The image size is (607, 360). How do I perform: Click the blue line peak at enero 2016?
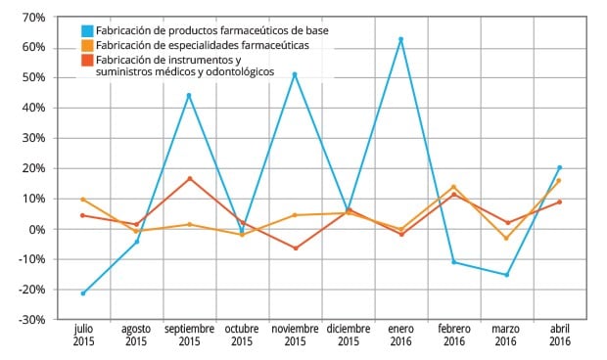(x=400, y=39)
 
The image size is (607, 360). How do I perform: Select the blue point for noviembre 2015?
(x=295, y=74)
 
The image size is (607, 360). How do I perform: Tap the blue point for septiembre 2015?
(x=189, y=95)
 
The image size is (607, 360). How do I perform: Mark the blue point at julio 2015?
(x=83, y=293)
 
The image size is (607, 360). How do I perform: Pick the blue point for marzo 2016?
(x=506, y=275)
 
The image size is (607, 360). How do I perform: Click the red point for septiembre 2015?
(x=189, y=178)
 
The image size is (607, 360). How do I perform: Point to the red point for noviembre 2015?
(x=295, y=248)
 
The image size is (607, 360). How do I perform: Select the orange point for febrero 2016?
(x=453, y=187)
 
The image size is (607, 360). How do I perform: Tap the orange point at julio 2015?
(x=83, y=200)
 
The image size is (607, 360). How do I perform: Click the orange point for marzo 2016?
(x=506, y=238)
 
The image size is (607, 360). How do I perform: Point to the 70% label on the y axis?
(x=31, y=18)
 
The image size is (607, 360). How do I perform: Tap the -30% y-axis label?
(x=29, y=320)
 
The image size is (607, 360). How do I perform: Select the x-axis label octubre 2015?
(x=242, y=335)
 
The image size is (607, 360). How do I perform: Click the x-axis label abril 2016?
(x=559, y=335)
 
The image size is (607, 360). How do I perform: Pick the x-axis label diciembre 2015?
(x=348, y=335)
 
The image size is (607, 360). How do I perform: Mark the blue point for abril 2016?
(x=559, y=167)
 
